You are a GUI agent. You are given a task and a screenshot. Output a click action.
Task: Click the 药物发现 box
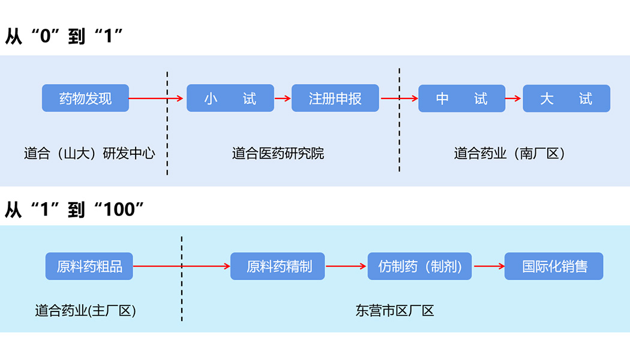(x=85, y=98)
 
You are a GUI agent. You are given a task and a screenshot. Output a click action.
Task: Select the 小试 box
(x=230, y=98)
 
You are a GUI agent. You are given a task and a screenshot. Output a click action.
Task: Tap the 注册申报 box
(x=335, y=98)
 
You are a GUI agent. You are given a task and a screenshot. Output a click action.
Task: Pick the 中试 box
(x=461, y=98)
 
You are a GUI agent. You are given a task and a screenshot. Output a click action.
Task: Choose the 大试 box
(x=566, y=98)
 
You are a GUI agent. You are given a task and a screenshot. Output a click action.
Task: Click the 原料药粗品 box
(x=89, y=266)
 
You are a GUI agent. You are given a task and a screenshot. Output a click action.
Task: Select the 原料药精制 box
(x=278, y=266)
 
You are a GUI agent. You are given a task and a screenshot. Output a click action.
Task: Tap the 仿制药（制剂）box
(x=419, y=266)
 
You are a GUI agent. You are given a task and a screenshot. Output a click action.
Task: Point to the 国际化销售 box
(x=553, y=266)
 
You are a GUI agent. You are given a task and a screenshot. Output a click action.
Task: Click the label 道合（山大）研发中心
(x=89, y=154)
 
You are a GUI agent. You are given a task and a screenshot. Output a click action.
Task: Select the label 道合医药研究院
(x=278, y=154)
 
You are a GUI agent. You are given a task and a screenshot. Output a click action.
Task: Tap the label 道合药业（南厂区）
(x=509, y=154)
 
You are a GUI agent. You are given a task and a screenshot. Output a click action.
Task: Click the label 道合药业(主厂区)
(x=85, y=311)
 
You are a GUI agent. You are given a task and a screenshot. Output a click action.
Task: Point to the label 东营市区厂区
(x=394, y=311)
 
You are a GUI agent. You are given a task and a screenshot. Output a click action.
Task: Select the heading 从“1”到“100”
(x=75, y=209)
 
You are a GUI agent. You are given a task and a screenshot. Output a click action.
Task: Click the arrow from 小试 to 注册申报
(x=283, y=98)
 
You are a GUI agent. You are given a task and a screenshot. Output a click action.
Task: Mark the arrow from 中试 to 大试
(x=513, y=98)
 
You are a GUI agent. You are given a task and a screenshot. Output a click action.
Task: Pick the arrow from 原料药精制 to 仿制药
(x=346, y=266)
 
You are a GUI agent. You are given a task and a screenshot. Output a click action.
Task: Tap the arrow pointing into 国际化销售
(x=488, y=266)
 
